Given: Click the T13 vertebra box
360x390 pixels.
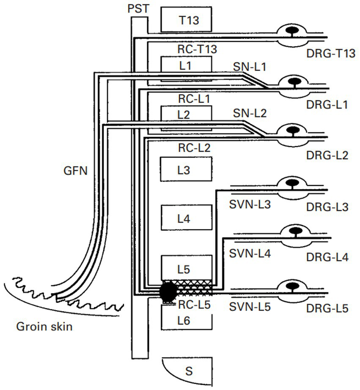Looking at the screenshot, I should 186,19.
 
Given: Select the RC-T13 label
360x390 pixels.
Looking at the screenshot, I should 197,49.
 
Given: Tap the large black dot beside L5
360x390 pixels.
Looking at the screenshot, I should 168,291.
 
